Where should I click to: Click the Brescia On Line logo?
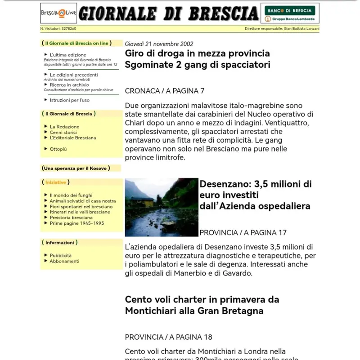click(58, 13)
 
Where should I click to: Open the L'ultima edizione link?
click(68, 55)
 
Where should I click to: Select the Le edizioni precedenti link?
click(73, 75)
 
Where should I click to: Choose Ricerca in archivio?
click(69, 84)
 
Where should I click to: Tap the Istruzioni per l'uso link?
click(69, 100)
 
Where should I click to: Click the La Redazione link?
click(64, 127)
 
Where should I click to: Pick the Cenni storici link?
click(63, 133)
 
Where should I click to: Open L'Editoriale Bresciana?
click(73, 138)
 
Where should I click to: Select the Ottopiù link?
click(58, 149)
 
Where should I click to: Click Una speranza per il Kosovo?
click(76, 168)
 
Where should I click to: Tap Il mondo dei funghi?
click(71, 195)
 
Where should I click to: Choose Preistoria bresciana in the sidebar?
click(71, 218)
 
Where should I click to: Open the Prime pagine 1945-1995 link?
click(76, 223)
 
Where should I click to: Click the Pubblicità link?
click(60, 255)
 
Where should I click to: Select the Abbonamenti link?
click(64, 261)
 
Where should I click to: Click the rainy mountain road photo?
click(162, 207)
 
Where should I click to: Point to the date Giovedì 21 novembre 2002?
click(159, 44)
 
